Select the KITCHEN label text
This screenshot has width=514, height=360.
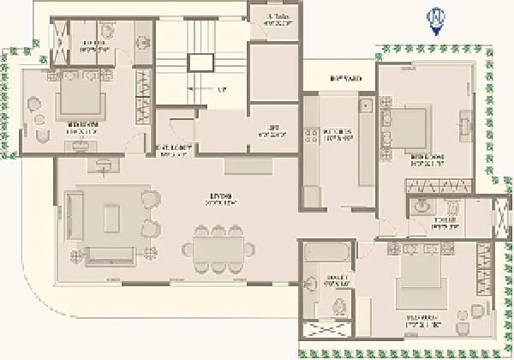[x=334, y=135]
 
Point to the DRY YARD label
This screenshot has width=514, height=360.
[x=345, y=79]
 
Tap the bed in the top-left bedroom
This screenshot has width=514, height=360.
[x=81, y=100]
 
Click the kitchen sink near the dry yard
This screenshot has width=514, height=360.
[x=364, y=107]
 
